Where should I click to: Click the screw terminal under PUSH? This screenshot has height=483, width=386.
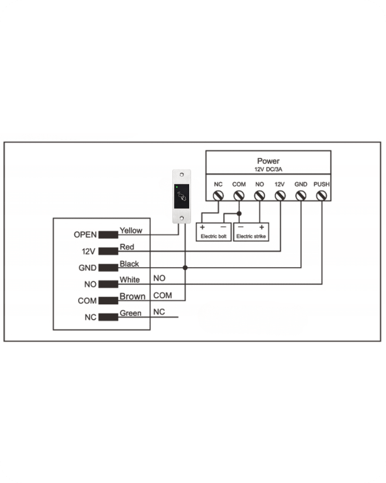coord(322,196)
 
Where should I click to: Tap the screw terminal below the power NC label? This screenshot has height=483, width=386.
coord(218,196)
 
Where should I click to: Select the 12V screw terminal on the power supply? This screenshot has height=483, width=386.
coord(280,196)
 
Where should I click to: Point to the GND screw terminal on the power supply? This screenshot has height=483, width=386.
coord(301,196)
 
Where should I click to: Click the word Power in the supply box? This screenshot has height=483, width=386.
coord(268,161)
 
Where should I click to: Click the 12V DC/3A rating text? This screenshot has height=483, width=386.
coord(268,170)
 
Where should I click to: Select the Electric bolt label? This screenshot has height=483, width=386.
coord(213,236)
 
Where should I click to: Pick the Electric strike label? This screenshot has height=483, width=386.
coord(251,236)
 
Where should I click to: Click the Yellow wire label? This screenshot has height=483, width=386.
coord(131,230)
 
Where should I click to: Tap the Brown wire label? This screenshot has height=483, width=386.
coord(132,297)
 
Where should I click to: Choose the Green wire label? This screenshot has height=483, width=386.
coord(130,313)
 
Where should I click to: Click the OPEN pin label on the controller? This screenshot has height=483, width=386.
coord(85,235)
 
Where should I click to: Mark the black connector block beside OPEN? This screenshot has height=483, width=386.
coord(108,235)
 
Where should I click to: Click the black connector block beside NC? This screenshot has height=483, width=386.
coord(108,317)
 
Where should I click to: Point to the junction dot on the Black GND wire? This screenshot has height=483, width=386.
coord(185,268)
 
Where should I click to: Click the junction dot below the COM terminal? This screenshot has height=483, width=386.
coord(239,213)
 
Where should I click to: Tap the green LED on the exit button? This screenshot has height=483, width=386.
coord(177,187)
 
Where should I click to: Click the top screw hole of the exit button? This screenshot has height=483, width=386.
coord(181,175)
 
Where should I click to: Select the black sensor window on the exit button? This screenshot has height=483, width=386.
coord(181,196)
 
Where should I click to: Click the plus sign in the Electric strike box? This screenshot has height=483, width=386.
coord(262,227)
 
